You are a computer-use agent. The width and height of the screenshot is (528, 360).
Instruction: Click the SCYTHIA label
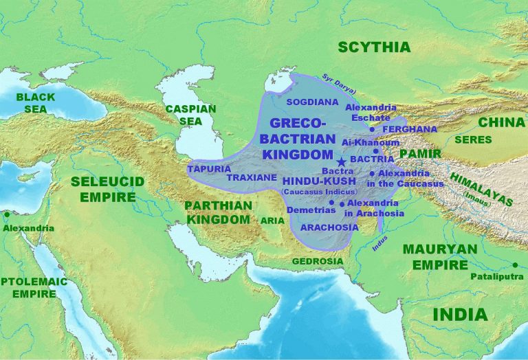374,47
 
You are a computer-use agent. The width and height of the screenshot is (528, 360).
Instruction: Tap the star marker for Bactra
342,161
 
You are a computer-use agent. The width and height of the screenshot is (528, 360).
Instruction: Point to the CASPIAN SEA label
190,115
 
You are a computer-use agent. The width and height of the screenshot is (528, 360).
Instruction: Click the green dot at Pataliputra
514,265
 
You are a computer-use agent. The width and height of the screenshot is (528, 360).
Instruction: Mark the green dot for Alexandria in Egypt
7,214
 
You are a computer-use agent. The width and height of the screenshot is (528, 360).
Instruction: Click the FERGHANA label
410,128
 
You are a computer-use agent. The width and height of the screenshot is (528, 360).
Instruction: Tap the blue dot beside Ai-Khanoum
376,150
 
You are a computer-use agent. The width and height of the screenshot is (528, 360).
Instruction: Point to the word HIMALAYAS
481,189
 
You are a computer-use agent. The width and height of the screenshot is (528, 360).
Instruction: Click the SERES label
472,139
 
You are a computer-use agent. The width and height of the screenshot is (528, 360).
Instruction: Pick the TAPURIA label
208,168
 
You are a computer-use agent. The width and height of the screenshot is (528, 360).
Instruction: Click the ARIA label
272,221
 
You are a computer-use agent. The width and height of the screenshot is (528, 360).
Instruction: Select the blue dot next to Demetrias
331,203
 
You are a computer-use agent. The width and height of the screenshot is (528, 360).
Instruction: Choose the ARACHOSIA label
325,227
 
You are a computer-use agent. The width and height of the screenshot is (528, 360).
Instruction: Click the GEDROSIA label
317,261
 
